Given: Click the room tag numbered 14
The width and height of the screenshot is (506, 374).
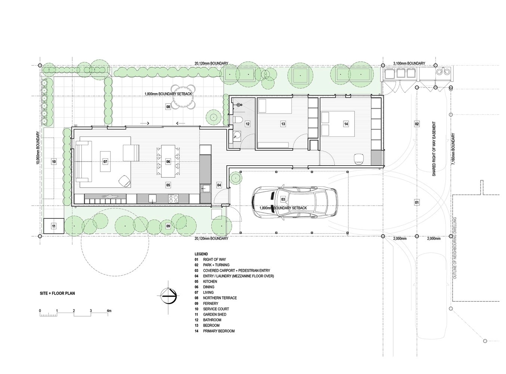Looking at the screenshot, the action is (346, 124).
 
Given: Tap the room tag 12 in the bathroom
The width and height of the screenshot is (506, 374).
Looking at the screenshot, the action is (247, 124).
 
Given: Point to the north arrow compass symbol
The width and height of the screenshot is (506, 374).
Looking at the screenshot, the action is (169, 296).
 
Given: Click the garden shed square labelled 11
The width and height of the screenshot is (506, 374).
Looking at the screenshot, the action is (53, 226).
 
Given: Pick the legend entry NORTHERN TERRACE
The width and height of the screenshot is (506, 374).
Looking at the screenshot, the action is (220, 298).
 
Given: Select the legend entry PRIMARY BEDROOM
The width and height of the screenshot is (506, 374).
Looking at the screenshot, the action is (219, 331).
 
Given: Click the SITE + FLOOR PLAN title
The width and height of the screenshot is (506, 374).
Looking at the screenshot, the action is (57, 293).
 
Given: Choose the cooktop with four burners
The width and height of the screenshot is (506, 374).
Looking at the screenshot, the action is (173, 199).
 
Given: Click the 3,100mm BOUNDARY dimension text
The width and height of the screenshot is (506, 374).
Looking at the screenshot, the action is (409, 63).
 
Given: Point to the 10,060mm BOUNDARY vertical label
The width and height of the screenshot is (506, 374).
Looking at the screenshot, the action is (38, 148).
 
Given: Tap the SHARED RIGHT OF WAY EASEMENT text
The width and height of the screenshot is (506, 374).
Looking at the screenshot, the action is (434, 148).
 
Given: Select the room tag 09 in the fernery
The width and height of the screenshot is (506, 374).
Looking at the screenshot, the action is (168, 226).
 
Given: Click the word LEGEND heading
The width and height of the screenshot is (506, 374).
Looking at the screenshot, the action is (201, 254).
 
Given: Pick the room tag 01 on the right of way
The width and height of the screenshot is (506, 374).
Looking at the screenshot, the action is (417, 202).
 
